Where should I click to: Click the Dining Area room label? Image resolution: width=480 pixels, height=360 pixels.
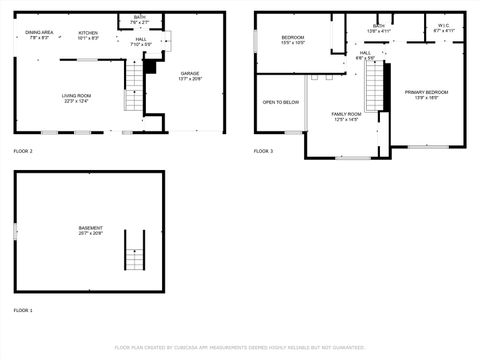pos(40,35)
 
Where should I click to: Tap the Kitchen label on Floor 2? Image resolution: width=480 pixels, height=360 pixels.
pos(89,35)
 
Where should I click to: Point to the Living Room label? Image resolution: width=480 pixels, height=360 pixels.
pos(76,97)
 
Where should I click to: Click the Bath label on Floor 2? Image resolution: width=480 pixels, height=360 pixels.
pos(140,20)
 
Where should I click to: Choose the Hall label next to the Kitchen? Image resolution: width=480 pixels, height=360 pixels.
pos(141,42)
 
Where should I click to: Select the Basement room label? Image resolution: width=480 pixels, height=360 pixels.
pos(90,230)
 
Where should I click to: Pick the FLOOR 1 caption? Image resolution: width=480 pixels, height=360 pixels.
pos(23,311)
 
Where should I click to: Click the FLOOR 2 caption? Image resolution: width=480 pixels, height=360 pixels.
pos(23,151)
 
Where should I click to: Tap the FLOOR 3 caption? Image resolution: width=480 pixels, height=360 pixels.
pos(263,151)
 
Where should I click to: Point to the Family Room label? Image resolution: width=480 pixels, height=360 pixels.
pos(347,117)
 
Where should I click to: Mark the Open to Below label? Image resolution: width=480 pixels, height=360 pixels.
pos(280,102)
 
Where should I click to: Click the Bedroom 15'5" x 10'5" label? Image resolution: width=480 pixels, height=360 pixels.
pos(292,40)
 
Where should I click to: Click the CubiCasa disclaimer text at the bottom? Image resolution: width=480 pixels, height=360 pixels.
pos(240,348)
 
